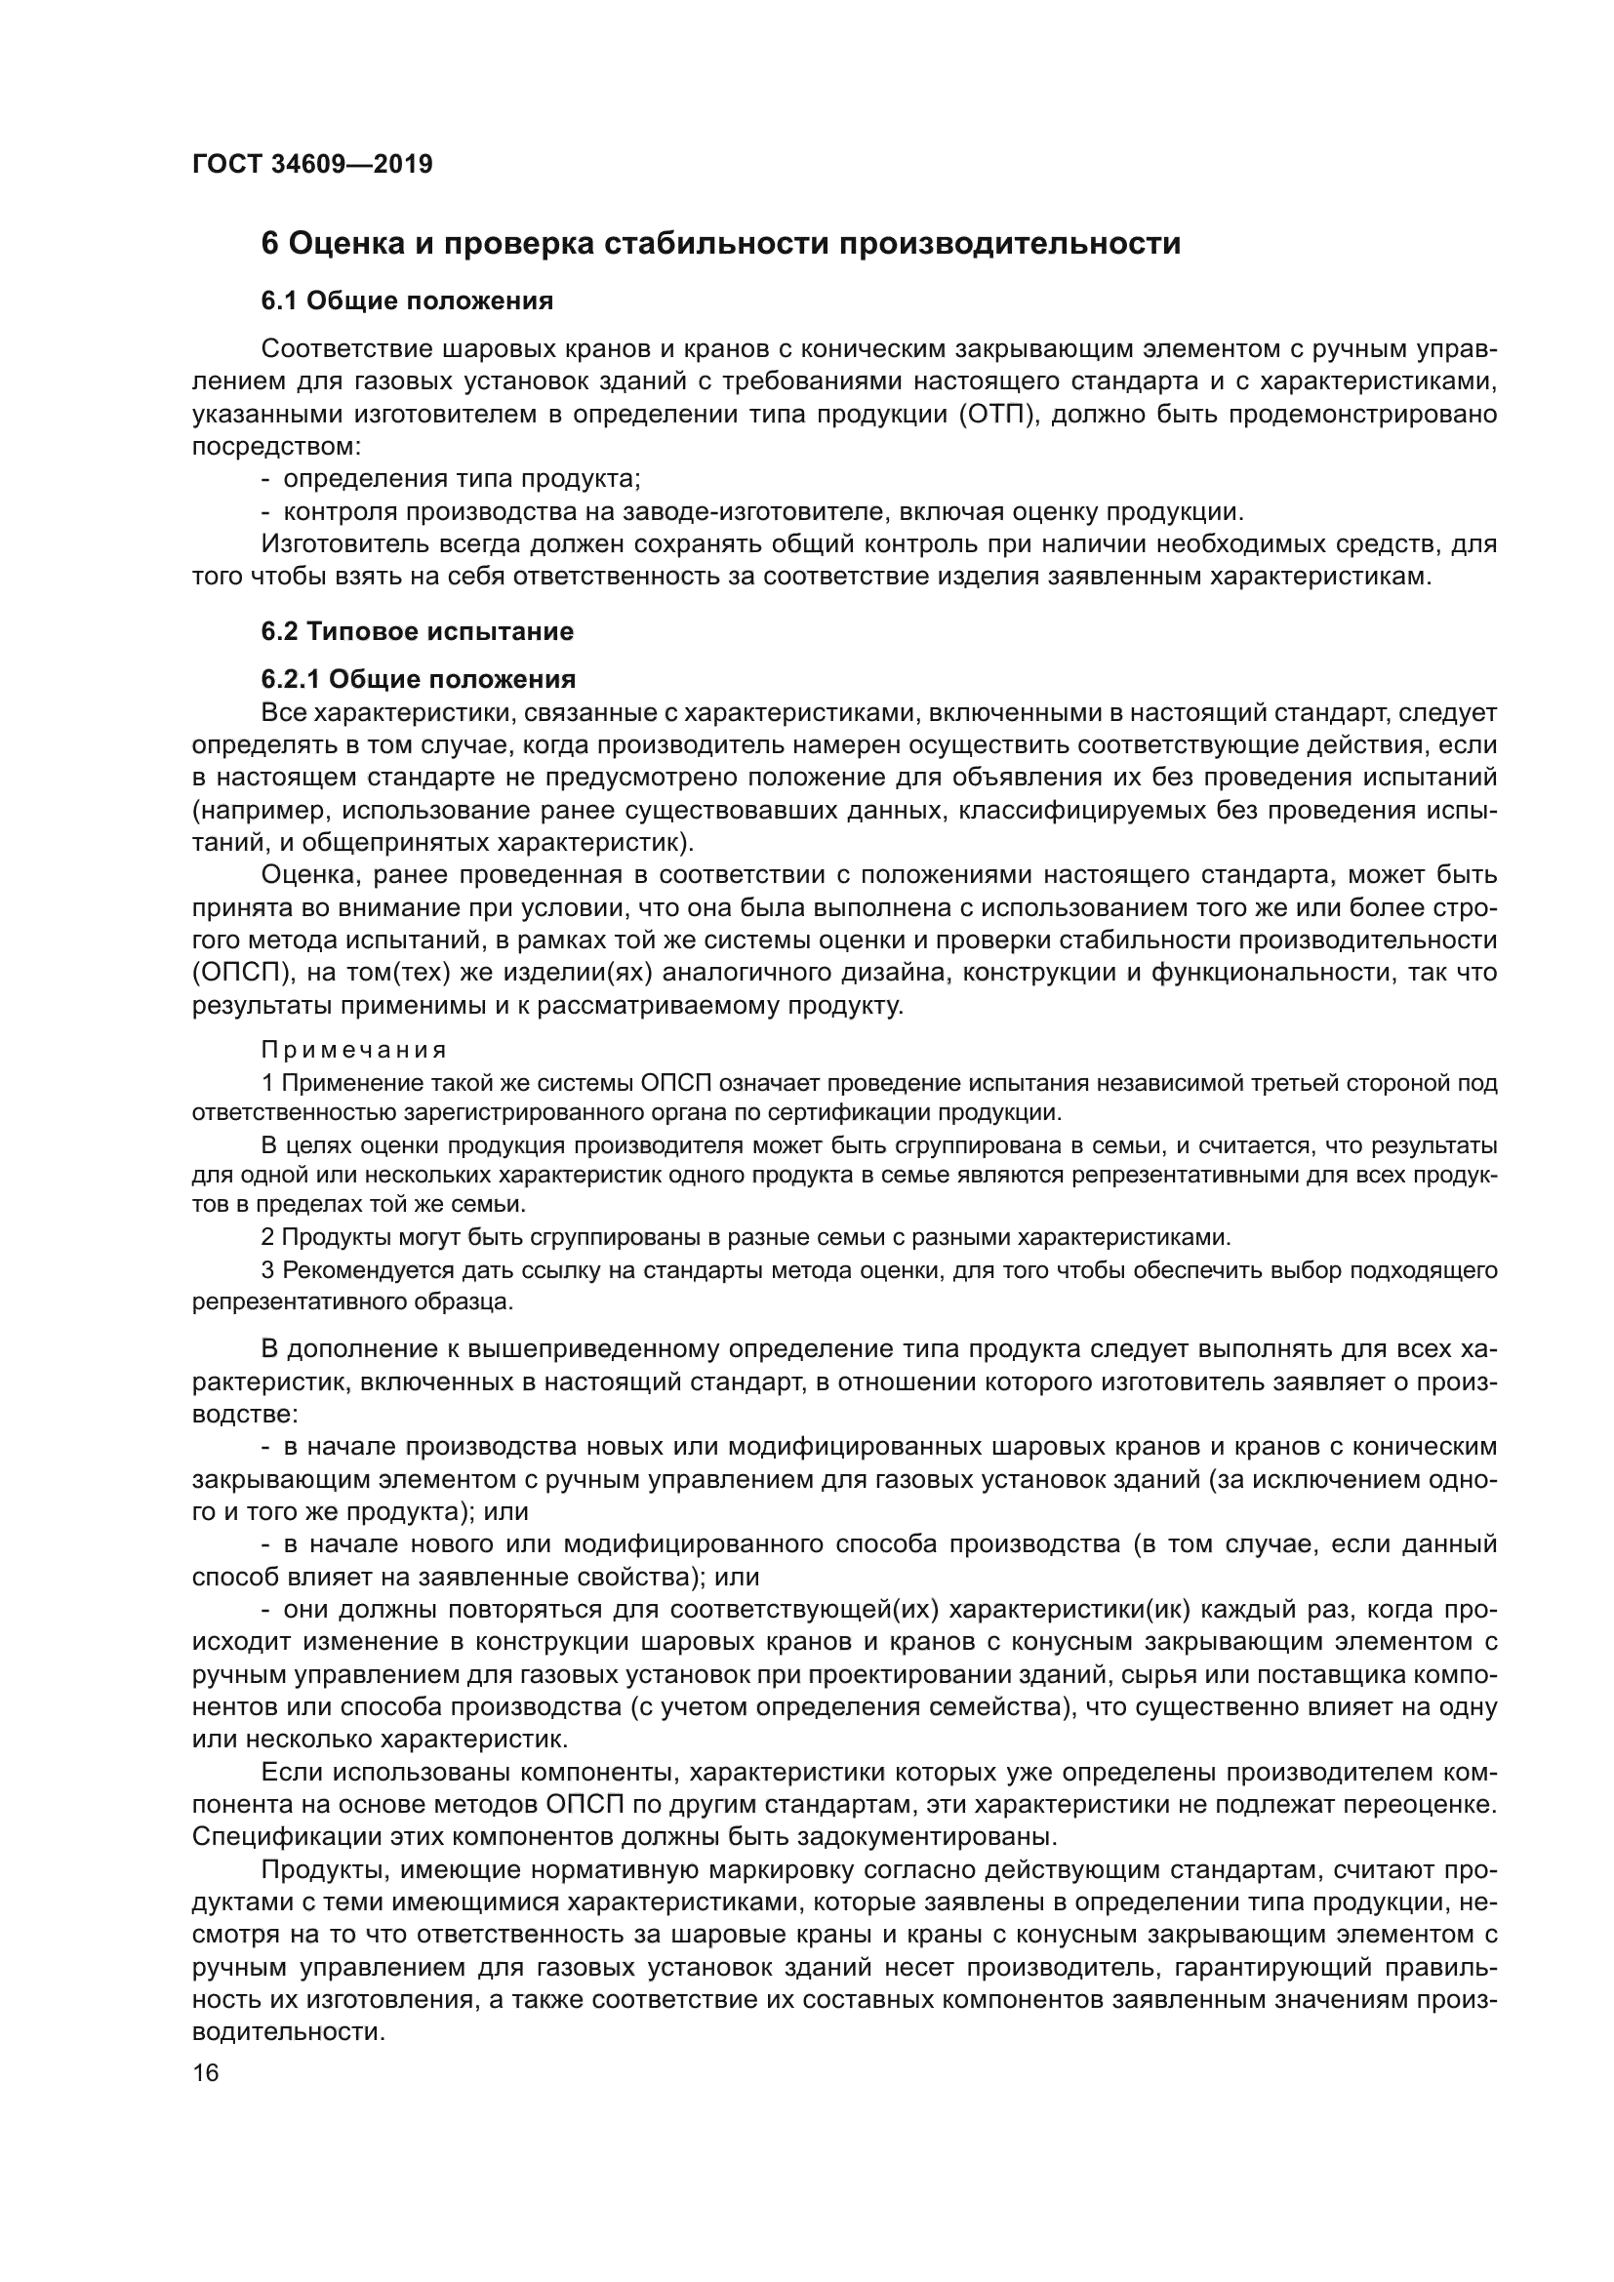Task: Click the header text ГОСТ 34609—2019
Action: (x=312, y=164)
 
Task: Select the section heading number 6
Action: (x=269, y=244)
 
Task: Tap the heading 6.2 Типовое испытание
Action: (x=418, y=631)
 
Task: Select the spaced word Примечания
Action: (x=354, y=1051)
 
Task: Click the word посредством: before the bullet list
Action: (x=276, y=446)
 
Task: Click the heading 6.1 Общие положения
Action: (x=408, y=301)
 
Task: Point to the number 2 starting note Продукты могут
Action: (x=267, y=1237)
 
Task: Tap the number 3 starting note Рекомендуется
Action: (x=267, y=1270)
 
